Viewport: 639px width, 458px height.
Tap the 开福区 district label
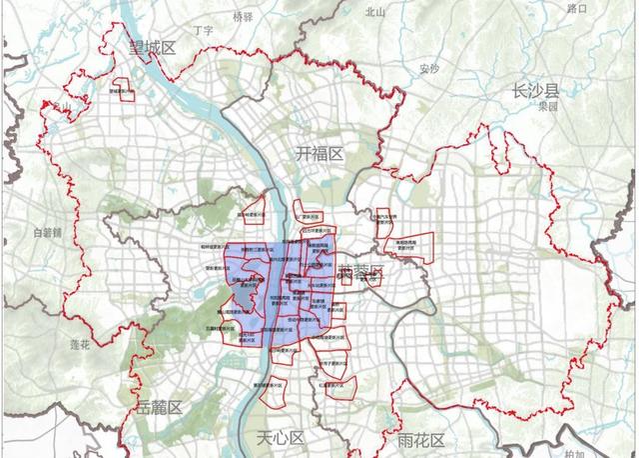(x=319, y=154)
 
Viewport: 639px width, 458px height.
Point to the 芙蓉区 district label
(x=360, y=273)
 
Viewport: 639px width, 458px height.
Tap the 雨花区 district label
(x=420, y=438)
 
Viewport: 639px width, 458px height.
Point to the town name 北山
(x=375, y=12)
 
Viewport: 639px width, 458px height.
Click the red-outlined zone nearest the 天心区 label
(x=277, y=394)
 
